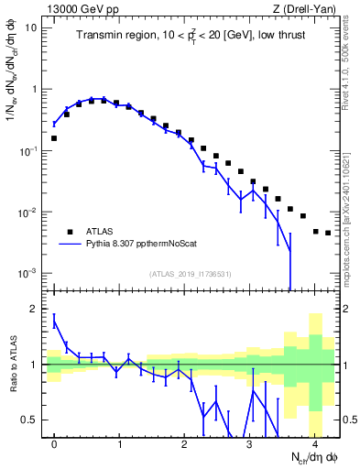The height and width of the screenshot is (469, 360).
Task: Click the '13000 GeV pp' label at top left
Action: (x=80, y=7)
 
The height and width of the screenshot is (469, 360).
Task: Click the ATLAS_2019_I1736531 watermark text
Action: (x=191, y=274)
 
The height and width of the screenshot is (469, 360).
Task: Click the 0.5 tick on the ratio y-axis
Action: (x=31, y=420)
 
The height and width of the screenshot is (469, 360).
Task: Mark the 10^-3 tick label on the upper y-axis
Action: (x=27, y=274)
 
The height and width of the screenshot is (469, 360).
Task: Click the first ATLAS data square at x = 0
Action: (x=54, y=138)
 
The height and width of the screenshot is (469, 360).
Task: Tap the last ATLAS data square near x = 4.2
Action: (x=328, y=233)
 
